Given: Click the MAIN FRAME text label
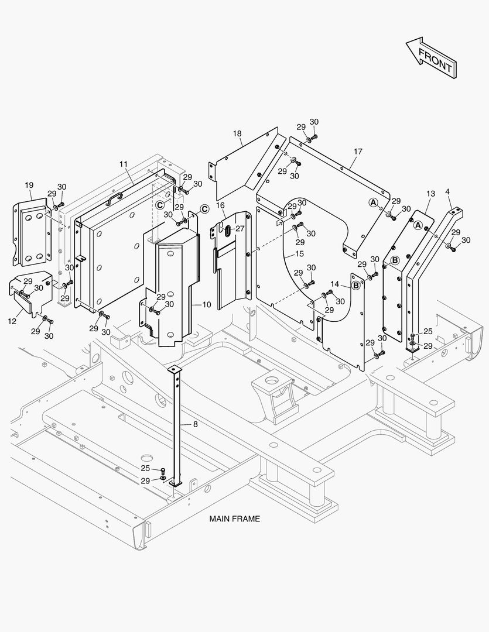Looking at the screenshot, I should [x=234, y=518].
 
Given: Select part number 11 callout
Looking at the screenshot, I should [x=124, y=164].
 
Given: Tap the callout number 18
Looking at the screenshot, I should [x=237, y=134].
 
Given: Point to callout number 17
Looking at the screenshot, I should [x=358, y=152].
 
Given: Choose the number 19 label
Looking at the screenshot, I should [x=29, y=186].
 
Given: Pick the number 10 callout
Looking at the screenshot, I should [x=206, y=304].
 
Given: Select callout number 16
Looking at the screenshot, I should [x=220, y=205].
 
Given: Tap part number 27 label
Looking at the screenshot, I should [x=240, y=229].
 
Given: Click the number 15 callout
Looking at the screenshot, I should [x=299, y=254].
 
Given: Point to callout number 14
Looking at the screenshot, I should [x=334, y=284].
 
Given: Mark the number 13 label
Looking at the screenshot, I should [x=430, y=194].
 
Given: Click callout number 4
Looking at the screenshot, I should [x=448, y=191].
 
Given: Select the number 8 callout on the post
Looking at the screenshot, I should [x=195, y=424].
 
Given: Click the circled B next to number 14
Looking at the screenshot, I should [x=355, y=286].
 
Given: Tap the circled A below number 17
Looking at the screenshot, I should [x=372, y=202].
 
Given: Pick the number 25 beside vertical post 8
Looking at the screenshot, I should [x=145, y=468].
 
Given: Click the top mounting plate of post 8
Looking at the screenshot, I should [x=174, y=370].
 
